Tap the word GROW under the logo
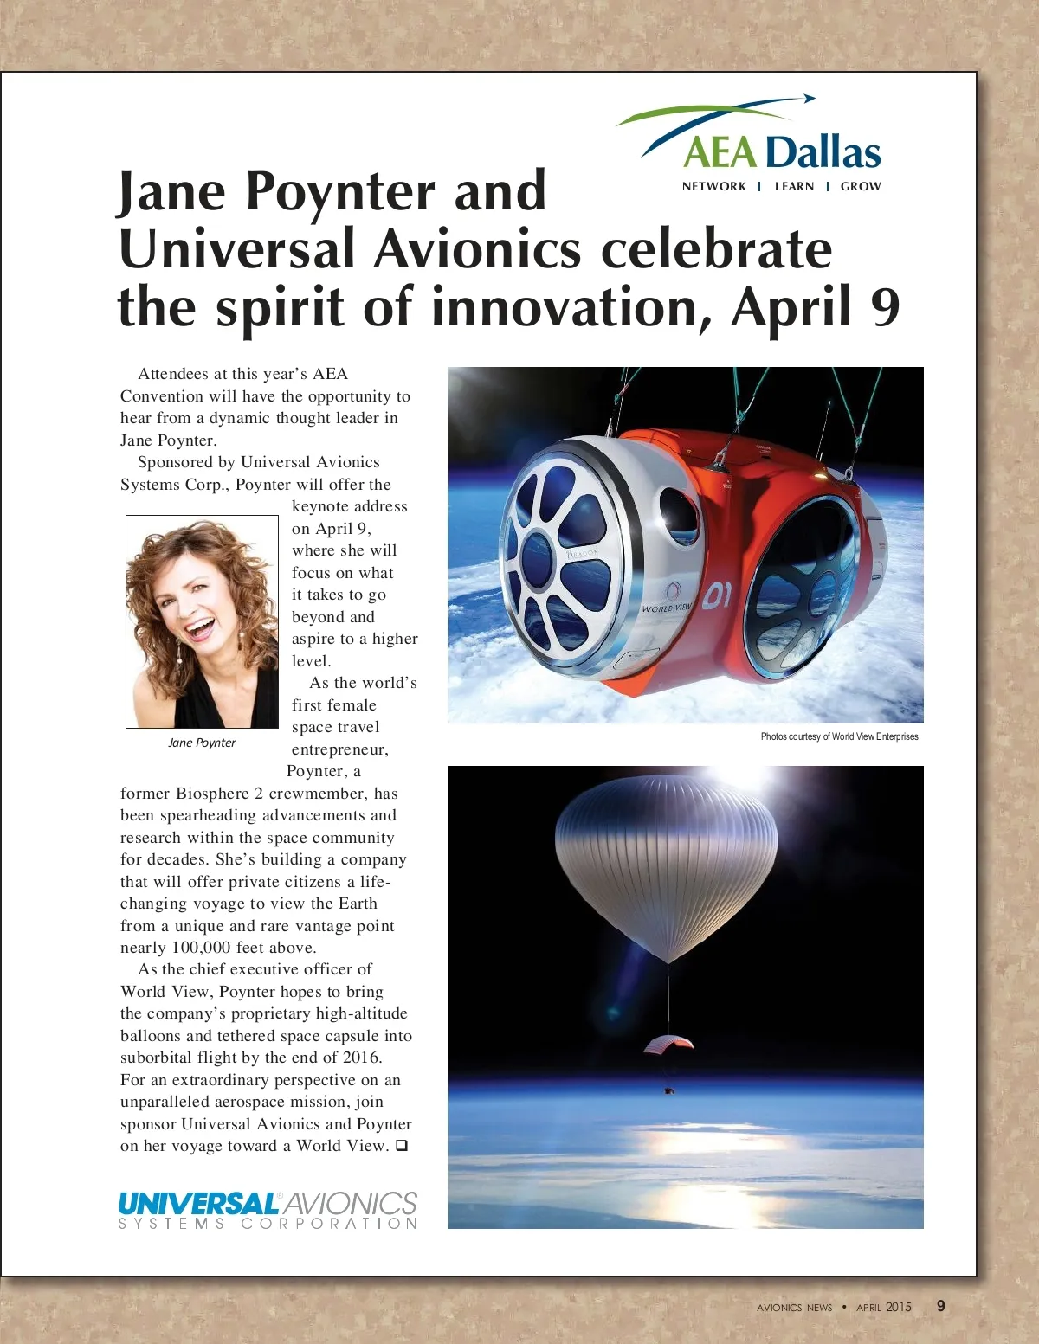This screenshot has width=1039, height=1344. tap(860, 186)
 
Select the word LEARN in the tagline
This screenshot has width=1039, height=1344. tap(794, 186)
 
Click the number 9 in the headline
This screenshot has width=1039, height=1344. tap(885, 308)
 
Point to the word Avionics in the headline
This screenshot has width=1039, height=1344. tap(477, 249)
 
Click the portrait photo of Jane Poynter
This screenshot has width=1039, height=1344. tap(202, 621)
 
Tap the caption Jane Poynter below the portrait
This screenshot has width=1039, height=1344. tap(202, 743)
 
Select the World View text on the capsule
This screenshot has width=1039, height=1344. tap(667, 608)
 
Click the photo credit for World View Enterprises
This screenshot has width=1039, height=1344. tap(839, 736)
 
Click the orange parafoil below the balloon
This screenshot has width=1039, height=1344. tap(668, 1045)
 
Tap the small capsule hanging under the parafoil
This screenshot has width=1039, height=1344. tap(669, 1091)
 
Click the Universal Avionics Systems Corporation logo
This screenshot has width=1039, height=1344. tap(268, 1210)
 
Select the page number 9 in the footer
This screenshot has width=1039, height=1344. tap(941, 1306)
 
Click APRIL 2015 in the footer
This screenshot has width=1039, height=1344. tap(883, 1307)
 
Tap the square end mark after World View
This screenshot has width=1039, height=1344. tap(402, 1146)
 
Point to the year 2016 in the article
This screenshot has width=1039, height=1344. tap(361, 1058)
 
